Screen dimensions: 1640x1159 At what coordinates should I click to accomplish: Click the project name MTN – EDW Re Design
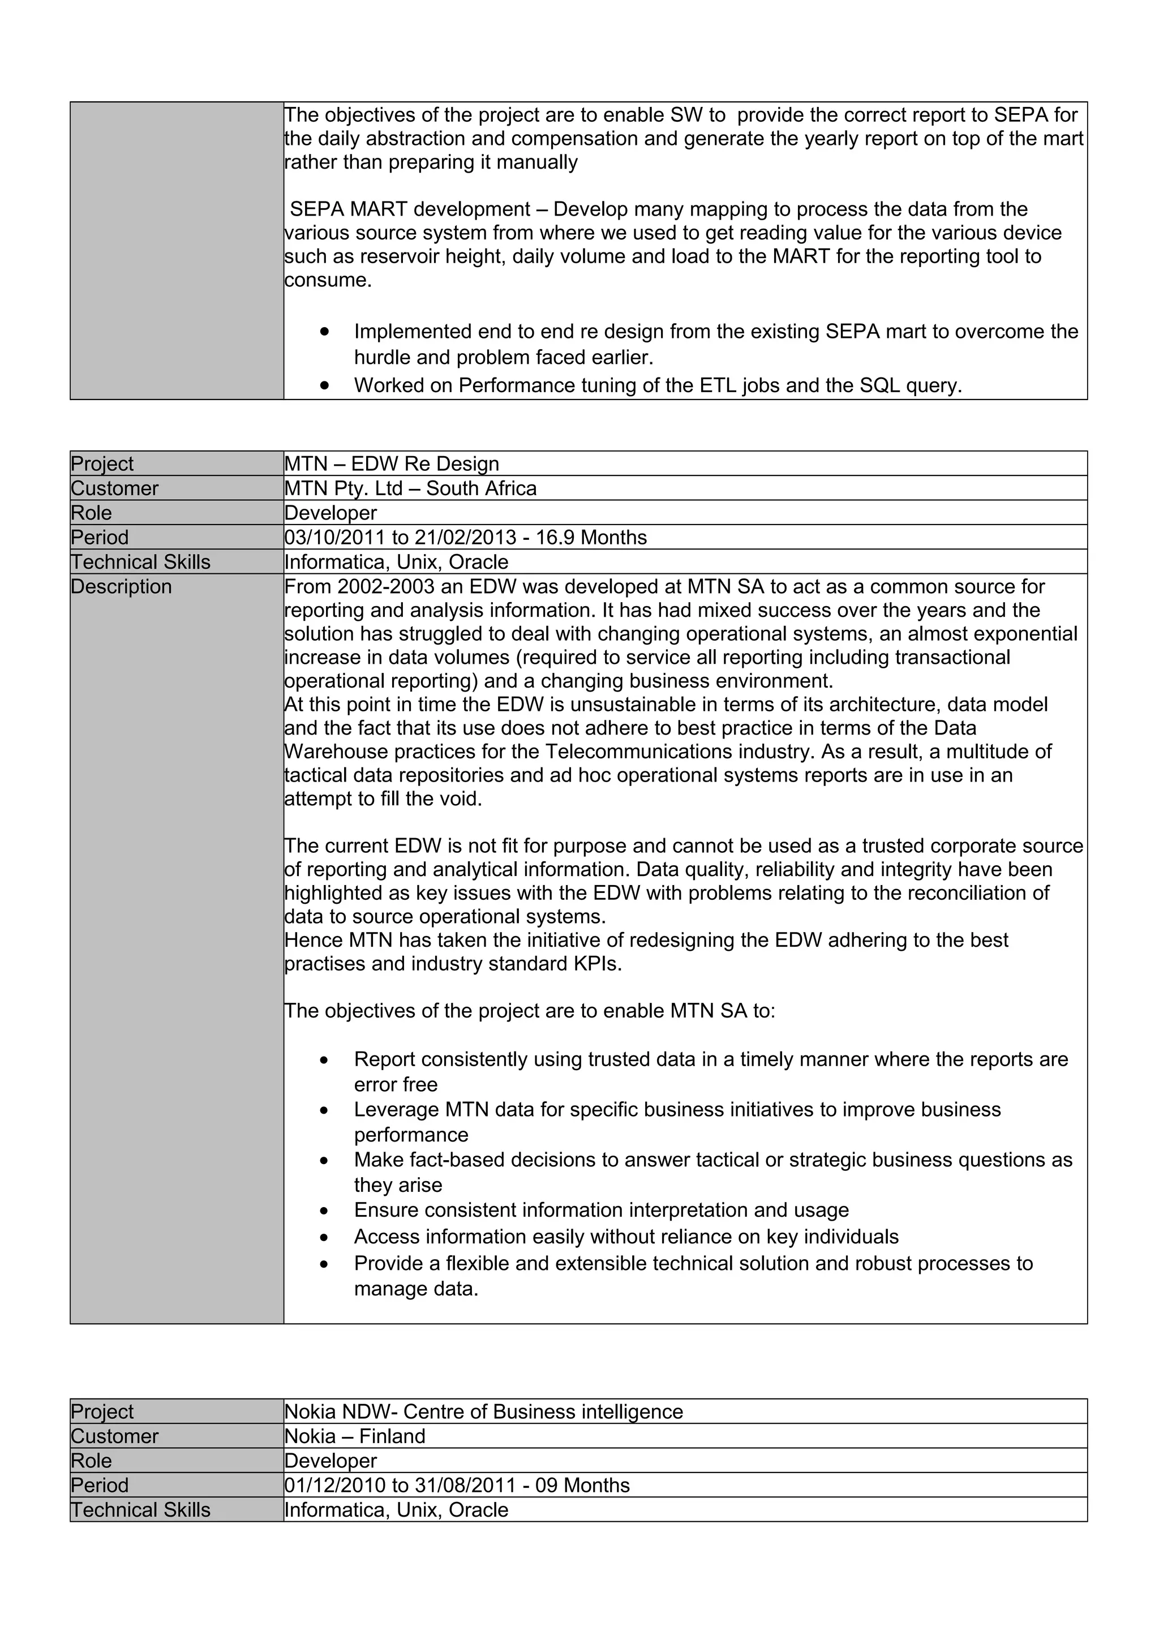pyautogui.click(x=391, y=463)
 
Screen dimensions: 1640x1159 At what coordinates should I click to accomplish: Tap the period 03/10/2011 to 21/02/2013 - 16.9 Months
pyautogui.click(x=465, y=537)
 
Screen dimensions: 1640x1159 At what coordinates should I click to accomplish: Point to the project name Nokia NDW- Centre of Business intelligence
pyautogui.click(x=483, y=1411)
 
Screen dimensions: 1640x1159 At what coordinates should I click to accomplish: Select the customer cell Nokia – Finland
pyautogui.click(x=354, y=1436)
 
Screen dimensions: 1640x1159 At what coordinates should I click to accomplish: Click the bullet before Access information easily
pyautogui.click(x=324, y=1238)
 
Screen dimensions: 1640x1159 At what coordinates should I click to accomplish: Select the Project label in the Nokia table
pyautogui.click(x=101, y=1411)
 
